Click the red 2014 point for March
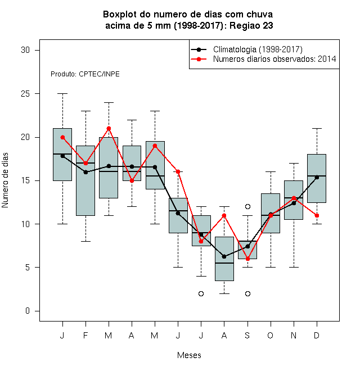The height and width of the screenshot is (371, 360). [x=109, y=129]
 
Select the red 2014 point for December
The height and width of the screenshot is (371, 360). [x=317, y=215]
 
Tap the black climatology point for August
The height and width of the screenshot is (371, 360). [x=224, y=256]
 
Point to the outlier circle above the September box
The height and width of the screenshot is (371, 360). [x=247, y=206]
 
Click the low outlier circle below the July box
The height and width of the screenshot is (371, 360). [x=201, y=293]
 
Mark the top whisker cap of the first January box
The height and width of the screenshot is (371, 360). [x=62, y=94]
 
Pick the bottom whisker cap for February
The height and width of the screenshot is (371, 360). [x=85, y=241]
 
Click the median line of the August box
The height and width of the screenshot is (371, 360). [x=224, y=263]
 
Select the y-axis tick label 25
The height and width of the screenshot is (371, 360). [x=25, y=94]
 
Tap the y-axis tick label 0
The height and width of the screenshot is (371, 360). [x=28, y=311]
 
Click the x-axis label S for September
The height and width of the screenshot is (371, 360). [x=247, y=335]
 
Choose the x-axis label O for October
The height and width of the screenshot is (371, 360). [x=271, y=335]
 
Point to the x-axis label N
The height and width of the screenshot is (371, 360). [x=294, y=335]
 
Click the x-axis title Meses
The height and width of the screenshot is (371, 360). [x=189, y=355]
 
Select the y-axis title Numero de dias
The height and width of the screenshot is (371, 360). [x=5, y=180]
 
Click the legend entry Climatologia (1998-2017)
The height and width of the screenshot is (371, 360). [x=258, y=49]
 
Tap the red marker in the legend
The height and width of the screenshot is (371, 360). [x=199, y=59]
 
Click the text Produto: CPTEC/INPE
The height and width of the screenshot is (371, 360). [x=85, y=74]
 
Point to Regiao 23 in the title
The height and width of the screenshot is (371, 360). [x=251, y=25]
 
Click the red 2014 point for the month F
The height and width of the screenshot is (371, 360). [x=85, y=163]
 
